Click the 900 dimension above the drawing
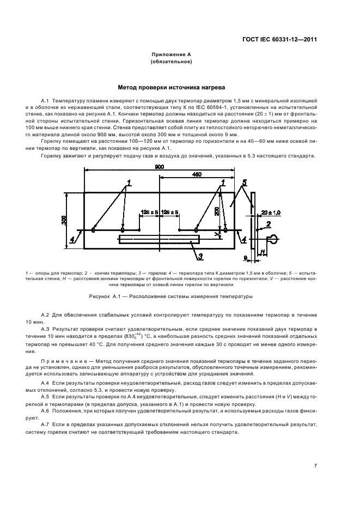[159, 167]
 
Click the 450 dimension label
[197, 175]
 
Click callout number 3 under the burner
[200, 256]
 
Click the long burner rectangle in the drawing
[158, 239]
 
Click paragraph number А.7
[45, 424]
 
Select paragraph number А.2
[45, 315]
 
